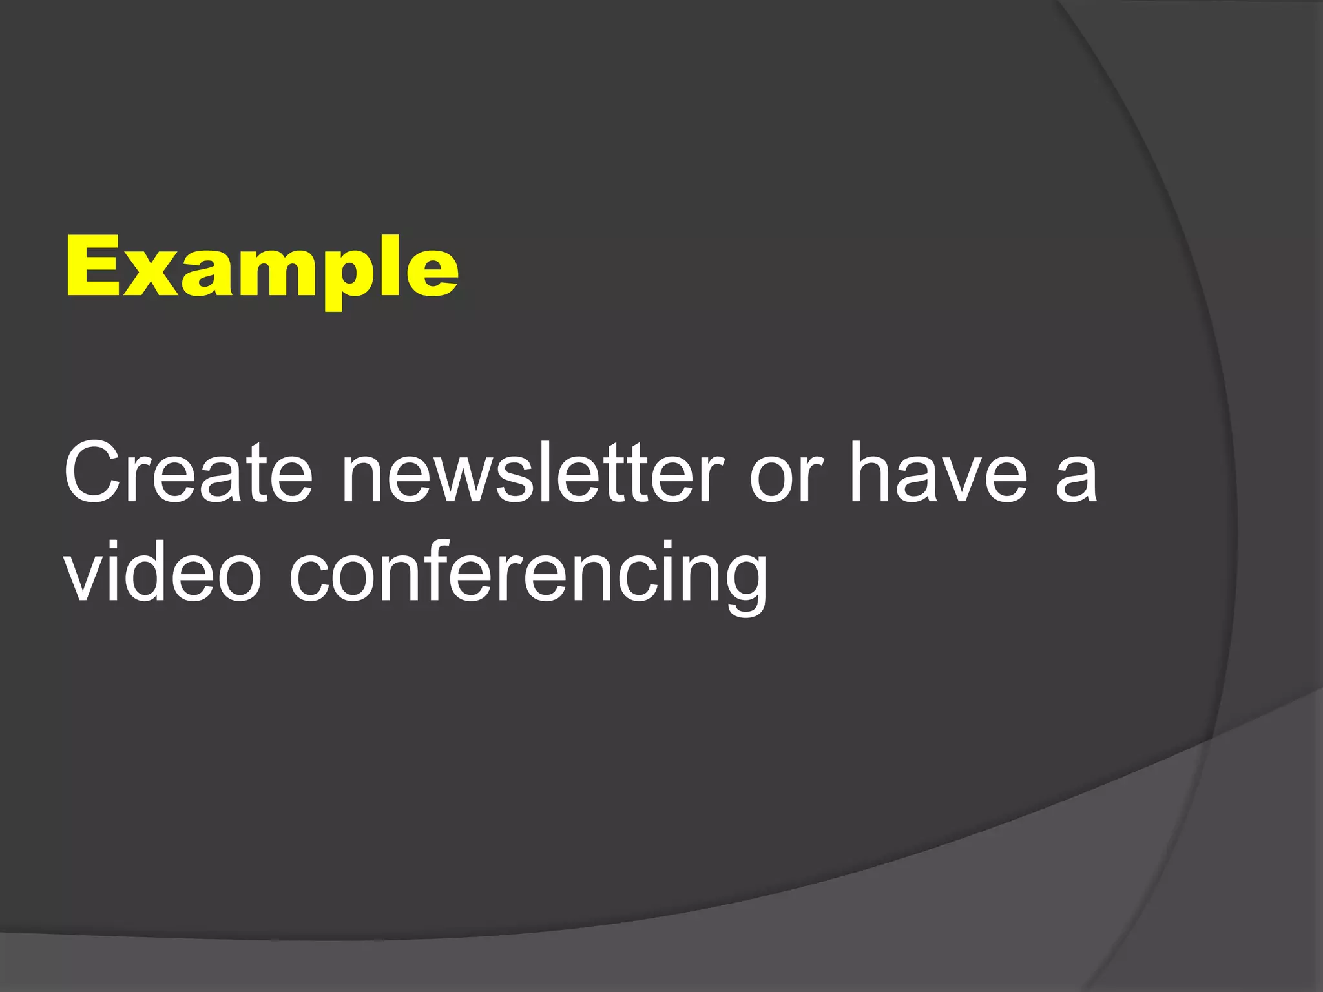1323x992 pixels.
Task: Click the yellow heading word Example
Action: coord(262,268)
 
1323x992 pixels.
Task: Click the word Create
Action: coord(188,473)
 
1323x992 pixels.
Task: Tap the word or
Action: coord(787,478)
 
